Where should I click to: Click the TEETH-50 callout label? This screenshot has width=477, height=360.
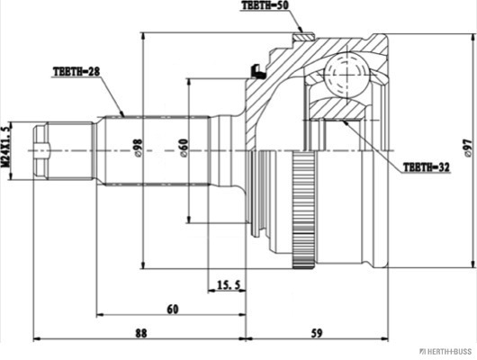pyautogui.click(x=265, y=5)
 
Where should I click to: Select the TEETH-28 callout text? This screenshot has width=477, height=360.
pyautogui.click(x=76, y=71)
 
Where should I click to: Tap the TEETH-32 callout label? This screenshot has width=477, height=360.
pyautogui.click(x=426, y=167)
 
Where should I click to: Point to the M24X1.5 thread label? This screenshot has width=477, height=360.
pyautogui.click(x=6, y=147)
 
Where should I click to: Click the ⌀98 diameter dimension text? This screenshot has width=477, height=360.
pyautogui.click(x=138, y=148)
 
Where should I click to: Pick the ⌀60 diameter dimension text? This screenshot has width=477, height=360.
pyautogui.click(x=184, y=148)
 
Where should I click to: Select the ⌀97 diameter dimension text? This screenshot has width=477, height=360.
pyautogui.click(x=467, y=148)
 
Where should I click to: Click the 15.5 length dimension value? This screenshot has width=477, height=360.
pyautogui.click(x=229, y=284)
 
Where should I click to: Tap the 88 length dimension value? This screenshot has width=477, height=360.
pyautogui.click(x=140, y=333)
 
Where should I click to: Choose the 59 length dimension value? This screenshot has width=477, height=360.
pyautogui.click(x=317, y=333)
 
